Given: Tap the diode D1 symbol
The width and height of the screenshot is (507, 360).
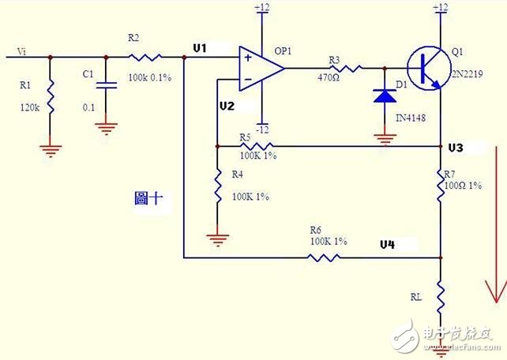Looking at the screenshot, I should pyautogui.click(x=384, y=96).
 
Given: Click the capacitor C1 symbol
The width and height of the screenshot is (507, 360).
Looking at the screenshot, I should pyautogui.click(x=107, y=83).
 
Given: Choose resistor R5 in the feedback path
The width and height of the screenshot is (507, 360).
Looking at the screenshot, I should pyautogui.click(x=256, y=146).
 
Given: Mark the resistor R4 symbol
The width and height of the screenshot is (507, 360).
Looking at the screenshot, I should pyautogui.click(x=216, y=188).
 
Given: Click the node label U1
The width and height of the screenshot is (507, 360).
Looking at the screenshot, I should pyautogui.click(x=200, y=49).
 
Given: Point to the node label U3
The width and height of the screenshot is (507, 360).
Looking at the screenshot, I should pyautogui.click(x=456, y=148).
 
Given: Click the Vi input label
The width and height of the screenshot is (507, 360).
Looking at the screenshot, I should pyautogui.click(x=22, y=53).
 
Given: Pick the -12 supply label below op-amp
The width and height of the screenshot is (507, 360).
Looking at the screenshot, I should pyautogui.click(x=261, y=129).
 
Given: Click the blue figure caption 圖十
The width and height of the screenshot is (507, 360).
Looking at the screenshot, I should pyautogui.click(x=148, y=200).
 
